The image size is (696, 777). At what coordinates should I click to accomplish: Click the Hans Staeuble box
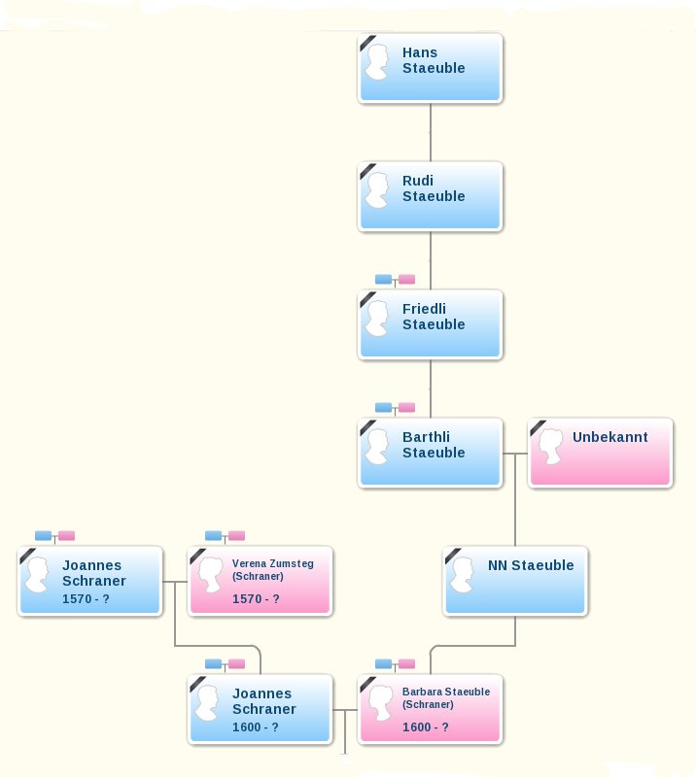(430, 68)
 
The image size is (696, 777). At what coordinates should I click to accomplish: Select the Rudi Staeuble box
(430, 196)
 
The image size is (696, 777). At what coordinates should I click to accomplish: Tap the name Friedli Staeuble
(434, 317)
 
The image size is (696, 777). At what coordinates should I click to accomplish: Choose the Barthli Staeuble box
(430, 453)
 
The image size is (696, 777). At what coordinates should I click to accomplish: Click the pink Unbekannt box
(601, 453)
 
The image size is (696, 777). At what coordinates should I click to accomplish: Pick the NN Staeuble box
(515, 581)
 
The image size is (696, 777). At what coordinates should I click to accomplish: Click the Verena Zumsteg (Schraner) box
(260, 581)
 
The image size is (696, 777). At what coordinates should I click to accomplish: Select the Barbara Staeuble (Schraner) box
(430, 709)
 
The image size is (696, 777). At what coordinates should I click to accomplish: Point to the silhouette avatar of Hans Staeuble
(377, 61)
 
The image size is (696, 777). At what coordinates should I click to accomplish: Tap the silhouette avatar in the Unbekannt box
(550, 446)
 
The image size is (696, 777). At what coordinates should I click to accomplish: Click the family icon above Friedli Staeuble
(395, 280)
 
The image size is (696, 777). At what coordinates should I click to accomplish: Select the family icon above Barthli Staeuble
(395, 408)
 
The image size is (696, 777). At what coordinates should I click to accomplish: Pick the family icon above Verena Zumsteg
(225, 536)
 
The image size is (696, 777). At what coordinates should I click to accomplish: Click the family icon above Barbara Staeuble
(395, 664)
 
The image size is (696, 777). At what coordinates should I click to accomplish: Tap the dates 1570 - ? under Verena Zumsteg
(256, 599)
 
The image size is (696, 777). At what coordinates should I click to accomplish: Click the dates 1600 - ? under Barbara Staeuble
(426, 726)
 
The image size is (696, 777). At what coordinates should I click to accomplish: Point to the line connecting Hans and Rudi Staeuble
(430, 132)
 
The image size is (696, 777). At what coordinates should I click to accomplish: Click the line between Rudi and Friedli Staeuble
(430, 260)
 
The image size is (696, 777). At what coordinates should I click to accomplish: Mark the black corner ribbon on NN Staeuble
(451, 555)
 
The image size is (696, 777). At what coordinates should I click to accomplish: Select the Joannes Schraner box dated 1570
(89, 581)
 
